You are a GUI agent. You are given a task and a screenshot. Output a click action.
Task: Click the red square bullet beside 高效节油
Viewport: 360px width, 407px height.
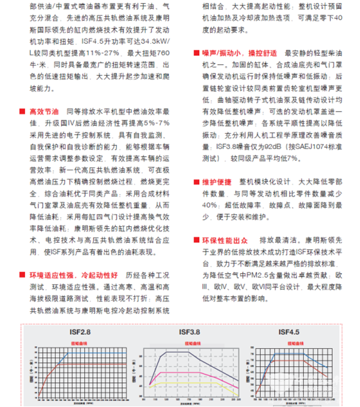point(23,112)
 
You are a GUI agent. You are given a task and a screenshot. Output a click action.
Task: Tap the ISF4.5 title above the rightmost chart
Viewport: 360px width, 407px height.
point(287,331)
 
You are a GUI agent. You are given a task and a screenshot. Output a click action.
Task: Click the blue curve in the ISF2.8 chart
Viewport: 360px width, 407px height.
point(84,353)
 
